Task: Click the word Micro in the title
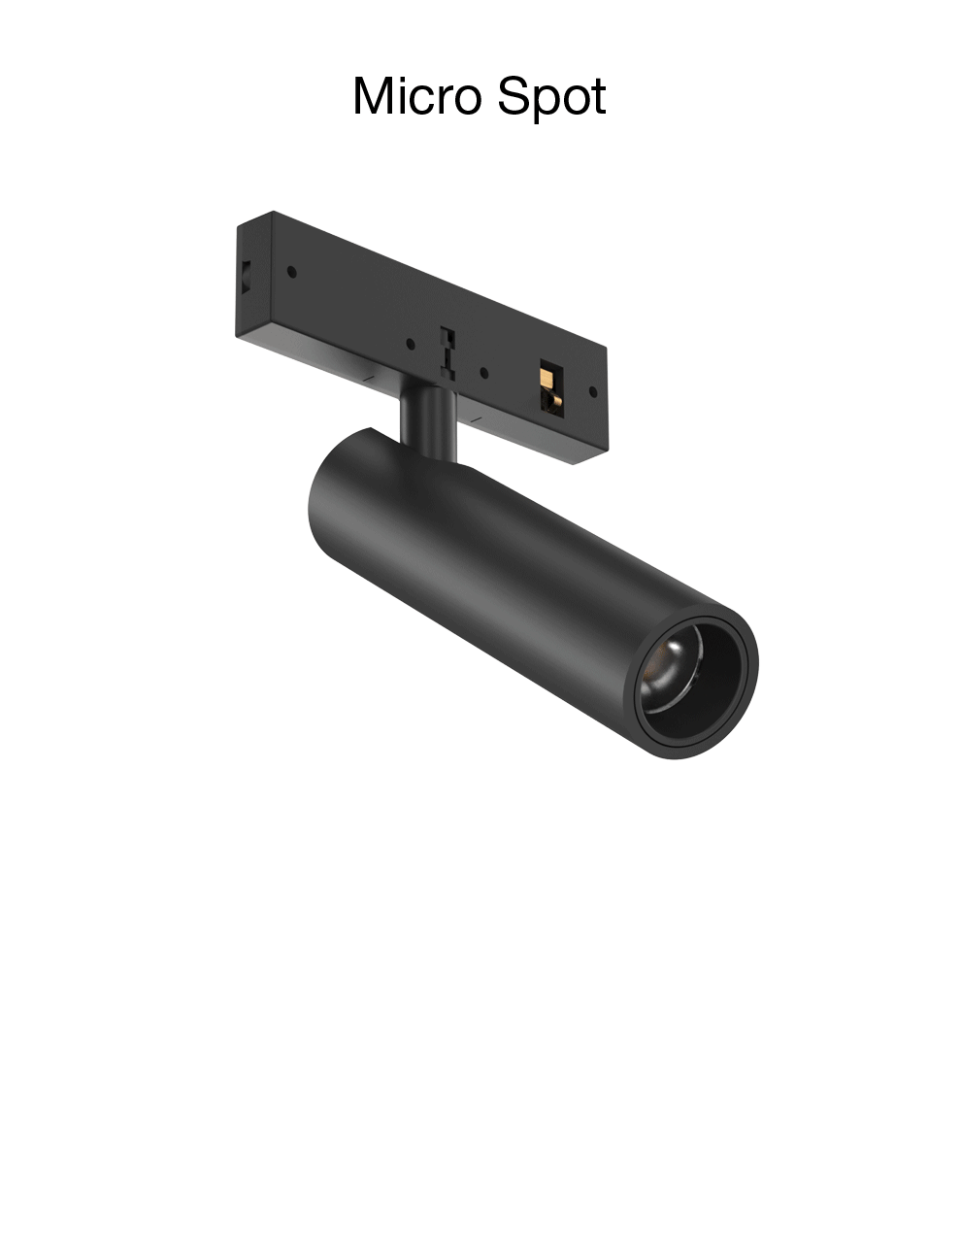417,97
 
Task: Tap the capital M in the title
375,97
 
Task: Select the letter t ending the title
598,98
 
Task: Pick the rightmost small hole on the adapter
593,392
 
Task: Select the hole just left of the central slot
412,343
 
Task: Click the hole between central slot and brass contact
483,371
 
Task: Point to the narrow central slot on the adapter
447,349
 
